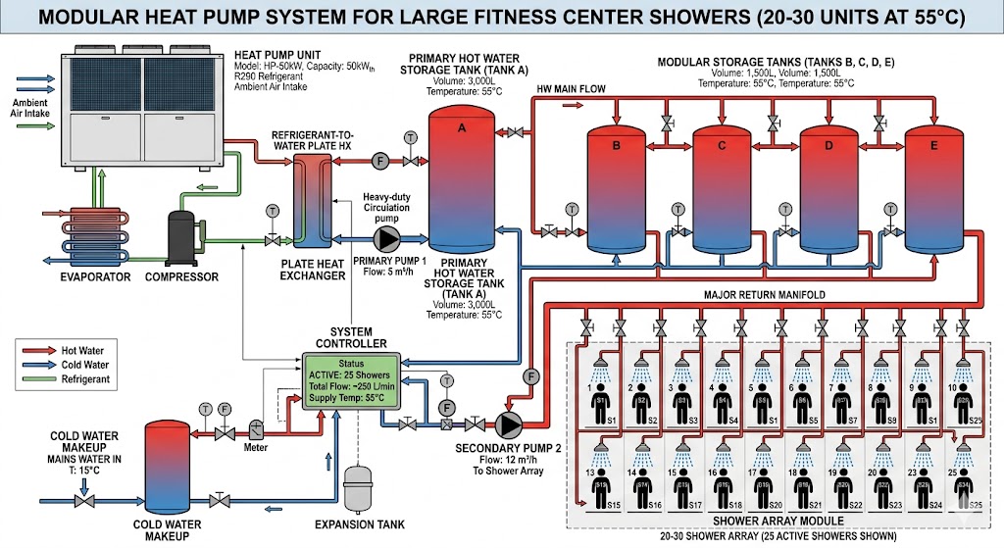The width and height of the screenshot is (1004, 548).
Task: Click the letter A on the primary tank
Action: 462,125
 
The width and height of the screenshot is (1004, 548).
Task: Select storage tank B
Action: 616,186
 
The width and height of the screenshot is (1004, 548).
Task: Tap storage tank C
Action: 723,186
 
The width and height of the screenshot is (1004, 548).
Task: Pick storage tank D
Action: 829,186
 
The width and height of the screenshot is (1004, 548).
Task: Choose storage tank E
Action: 933,186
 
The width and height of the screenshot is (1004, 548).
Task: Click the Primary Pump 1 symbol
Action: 389,239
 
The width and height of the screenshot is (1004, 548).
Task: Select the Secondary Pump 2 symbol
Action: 509,423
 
